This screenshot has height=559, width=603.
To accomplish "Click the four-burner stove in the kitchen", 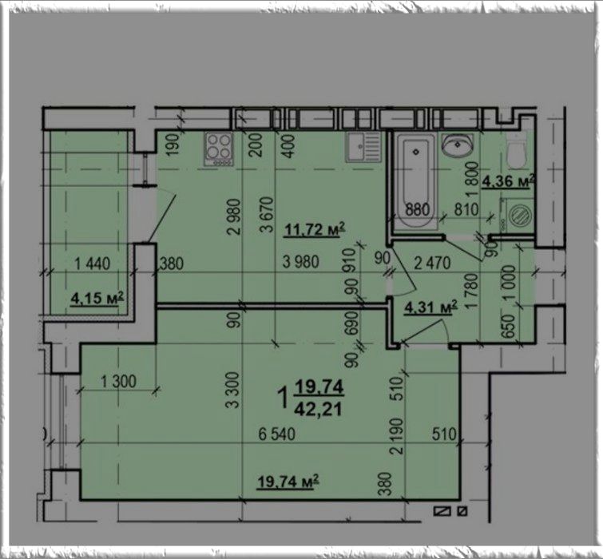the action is click(x=219, y=149).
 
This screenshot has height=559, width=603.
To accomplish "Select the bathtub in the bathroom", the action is click(x=416, y=181).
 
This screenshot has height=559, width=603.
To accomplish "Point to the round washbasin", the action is click(x=458, y=145).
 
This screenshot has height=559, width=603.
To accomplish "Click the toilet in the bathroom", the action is click(x=516, y=151).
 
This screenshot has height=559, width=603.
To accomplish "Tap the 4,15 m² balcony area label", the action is click(x=97, y=298).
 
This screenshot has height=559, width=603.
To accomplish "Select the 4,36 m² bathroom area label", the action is click(x=509, y=180).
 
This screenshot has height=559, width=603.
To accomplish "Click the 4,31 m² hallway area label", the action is click(x=430, y=307).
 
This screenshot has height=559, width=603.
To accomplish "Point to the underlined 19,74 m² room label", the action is click(x=288, y=482).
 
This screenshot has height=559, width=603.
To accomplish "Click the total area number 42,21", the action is click(x=318, y=409).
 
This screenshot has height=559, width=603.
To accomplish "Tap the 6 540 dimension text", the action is click(x=277, y=434).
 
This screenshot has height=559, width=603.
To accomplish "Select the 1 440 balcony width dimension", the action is click(x=93, y=264).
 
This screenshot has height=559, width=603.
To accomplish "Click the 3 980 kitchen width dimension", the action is click(x=301, y=262).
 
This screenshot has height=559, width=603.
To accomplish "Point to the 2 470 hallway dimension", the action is click(x=432, y=263).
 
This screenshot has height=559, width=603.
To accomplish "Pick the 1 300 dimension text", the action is click(x=118, y=382).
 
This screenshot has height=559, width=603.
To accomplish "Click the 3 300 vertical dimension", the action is click(x=233, y=390).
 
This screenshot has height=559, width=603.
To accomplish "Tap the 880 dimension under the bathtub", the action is click(x=418, y=209).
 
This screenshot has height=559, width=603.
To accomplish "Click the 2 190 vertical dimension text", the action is click(x=397, y=436).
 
